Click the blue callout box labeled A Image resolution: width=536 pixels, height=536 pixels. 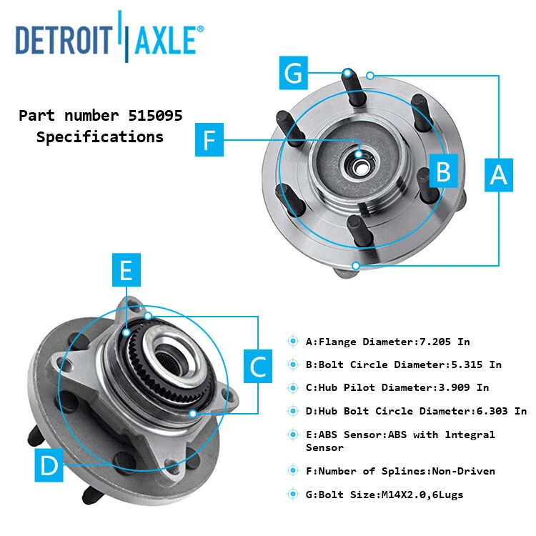(x=499, y=174)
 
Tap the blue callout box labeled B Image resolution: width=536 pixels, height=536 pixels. (x=443, y=172)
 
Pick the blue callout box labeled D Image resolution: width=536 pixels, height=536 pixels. (x=49, y=465)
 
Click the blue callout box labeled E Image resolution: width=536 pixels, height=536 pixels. (x=126, y=270)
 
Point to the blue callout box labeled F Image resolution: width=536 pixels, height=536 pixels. (x=209, y=139)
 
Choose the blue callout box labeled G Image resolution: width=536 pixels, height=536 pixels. (x=294, y=74)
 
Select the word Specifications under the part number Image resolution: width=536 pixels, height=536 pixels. (x=99, y=137)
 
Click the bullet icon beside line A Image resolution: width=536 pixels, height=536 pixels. (x=292, y=342)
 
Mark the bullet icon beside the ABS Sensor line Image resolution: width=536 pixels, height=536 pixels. (x=292, y=435)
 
